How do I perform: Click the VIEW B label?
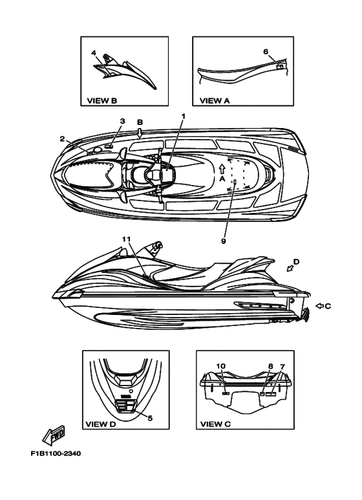point(102,101)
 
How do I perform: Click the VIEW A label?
point(215,101)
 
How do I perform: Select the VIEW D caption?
point(101,424)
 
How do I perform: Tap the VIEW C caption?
point(215,424)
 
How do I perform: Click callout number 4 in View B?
point(93,52)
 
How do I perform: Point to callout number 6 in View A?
point(266,52)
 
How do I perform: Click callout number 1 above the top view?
point(183,116)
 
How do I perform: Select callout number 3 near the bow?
point(123,121)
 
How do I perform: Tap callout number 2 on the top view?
point(62,138)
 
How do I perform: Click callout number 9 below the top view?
point(224,241)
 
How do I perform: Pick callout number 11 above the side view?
point(126,239)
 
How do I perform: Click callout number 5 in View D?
point(150,418)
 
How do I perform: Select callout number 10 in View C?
point(221,366)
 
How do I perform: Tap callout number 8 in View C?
point(271,366)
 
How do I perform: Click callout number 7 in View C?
point(282,366)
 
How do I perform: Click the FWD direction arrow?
point(54,435)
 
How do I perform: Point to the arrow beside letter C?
point(319,306)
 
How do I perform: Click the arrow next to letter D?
point(290,268)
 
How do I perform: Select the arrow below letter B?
point(139,133)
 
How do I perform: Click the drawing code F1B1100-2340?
point(56,453)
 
